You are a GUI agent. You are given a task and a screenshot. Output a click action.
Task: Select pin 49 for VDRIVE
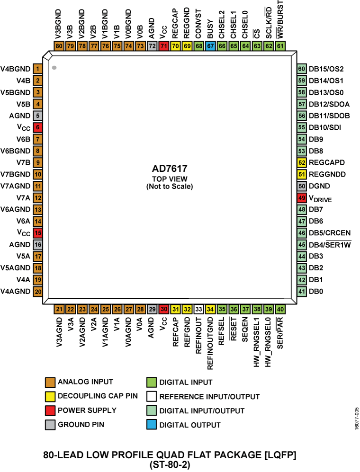pyautogui.click(x=301, y=198)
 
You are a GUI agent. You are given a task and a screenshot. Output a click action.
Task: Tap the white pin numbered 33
pyautogui.click(x=198, y=310)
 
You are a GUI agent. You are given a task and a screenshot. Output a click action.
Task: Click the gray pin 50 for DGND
pyautogui.click(x=301, y=186)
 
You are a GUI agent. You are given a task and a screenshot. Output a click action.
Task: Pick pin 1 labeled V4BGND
pyautogui.click(x=37, y=69)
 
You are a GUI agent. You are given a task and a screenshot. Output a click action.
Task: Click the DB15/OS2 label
pyautogui.click(x=326, y=69)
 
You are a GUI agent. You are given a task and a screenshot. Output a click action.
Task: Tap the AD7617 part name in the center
pyautogui.click(x=170, y=168)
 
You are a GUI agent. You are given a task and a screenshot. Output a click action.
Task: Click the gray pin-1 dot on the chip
pyautogui.click(x=54, y=68)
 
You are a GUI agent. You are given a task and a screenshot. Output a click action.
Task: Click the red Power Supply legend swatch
pyautogui.click(x=51, y=410)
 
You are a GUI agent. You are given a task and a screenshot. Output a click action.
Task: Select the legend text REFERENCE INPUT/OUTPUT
pyautogui.click(x=209, y=396)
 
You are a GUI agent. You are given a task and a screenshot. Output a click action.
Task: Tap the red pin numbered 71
pyautogui.click(x=163, y=46)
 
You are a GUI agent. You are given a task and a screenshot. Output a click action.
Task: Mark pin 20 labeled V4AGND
pyautogui.click(x=37, y=291)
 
